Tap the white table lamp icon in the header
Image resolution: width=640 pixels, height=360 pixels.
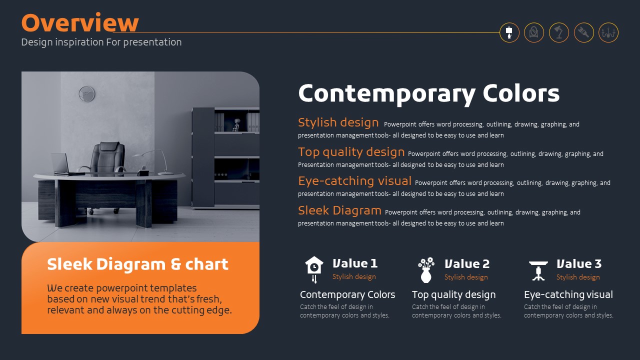point(509,32)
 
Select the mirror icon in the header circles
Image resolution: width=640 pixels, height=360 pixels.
point(533,32)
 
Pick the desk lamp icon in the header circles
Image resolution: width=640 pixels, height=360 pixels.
point(559,32)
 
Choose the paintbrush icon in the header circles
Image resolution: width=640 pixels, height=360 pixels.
point(583,32)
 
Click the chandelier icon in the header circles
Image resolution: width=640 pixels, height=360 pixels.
point(608,33)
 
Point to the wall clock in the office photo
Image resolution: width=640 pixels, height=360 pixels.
point(86,94)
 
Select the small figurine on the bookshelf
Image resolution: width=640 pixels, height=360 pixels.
point(236,125)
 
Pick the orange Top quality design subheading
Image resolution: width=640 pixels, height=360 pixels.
point(351,152)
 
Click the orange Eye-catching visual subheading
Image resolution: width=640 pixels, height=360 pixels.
point(354,181)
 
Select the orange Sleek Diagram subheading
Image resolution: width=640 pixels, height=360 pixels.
point(339,210)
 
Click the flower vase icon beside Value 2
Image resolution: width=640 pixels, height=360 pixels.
point(426,270)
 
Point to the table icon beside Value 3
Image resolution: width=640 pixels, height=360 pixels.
point(538,270)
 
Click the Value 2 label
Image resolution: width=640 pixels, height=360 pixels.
point(467,263)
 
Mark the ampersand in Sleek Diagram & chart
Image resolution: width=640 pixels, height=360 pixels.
point(175,264)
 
